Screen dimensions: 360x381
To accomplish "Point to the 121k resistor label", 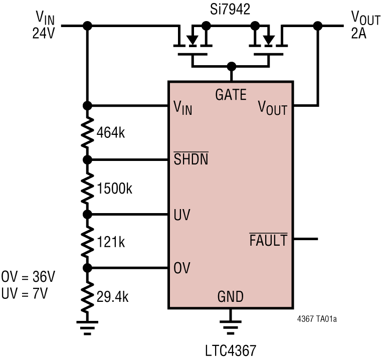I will tap(111, 242).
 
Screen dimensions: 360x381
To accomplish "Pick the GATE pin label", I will tap(231, 94).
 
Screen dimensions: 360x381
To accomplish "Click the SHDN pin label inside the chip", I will tap(190, 160).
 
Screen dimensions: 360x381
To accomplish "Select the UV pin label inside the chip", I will tap(181, 215).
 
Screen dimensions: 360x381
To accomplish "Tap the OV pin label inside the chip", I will tap(181, 267).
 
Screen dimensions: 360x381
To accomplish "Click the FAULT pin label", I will tap(268, 240).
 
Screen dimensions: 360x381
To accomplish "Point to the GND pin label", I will tap(230, 297).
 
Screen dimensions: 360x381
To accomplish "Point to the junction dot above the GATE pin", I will tap(231, 66).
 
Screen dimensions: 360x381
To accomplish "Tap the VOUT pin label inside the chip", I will tap(272, 107).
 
